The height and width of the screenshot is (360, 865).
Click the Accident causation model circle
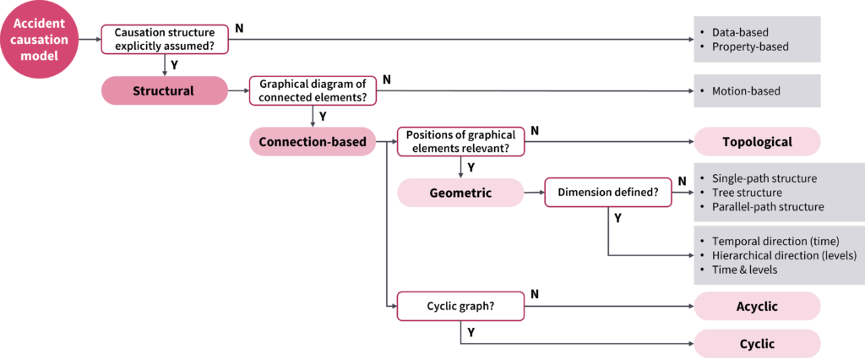pyautogui.click(x=39, y=40)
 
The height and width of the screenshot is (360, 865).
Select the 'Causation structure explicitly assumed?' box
pyautogui.click(x=165, y=40)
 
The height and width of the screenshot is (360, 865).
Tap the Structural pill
pyautogui.click(x=164, y=90)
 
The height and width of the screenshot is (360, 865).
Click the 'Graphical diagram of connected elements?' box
pyautogui.click(x=313, y=90)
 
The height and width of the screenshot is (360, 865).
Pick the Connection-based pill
pyautogui.click(x=312, y=142)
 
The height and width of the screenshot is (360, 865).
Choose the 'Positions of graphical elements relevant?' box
pyautogui.click(x=460, y=142)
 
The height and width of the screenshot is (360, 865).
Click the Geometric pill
pyautogui.click(x=460, y=193)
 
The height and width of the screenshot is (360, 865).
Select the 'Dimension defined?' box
pyautogui.click(x=608, y=193)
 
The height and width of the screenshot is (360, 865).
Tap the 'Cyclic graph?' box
pyautogui.click(x=460, y=307)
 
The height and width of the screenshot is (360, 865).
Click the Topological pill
pyautogui.click(x=757, y=142)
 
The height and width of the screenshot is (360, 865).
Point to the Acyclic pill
pyautogui.click(x=757, y=307)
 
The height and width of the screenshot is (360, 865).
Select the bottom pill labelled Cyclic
pyautogui.click(x=757, y=344)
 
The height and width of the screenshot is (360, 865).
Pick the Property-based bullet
pyautogui.click(x=750, y=46)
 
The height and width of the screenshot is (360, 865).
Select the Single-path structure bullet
pyautogui.click(x=764, y=179)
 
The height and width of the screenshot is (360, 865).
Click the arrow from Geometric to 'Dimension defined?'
pyautogui.click(x=534, y=193)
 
